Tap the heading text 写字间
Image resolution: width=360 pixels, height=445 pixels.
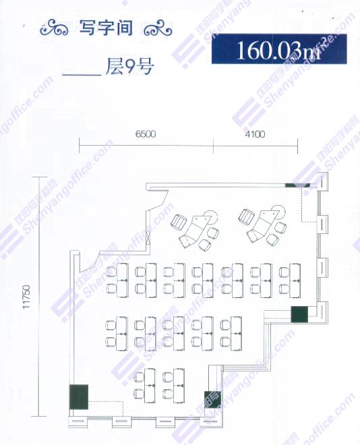pyautogui.click(x=106, y=28)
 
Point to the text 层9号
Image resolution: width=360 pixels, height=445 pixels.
pyautogui.click(x=129, y=67)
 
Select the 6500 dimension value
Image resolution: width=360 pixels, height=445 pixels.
pyautogui.click(x=146, y=134)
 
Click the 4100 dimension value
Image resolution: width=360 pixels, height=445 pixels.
pyautogui.click(x=255, y=134)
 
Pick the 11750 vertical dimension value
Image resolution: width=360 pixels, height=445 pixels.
pyautogui.click(x=26, y=297)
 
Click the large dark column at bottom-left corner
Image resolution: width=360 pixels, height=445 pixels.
pyautogui.click(x=79, y=397)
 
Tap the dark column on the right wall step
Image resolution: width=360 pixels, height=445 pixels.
pyautogui.click(x=299, y=314)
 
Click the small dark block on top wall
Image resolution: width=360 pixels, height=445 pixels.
pyautogui.click(x=297, y=185)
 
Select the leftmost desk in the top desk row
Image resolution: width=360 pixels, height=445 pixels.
pyautogui.click(x=122, y=280)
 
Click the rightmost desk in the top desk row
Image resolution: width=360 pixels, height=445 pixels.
pyautogui.click(x=295, y=280)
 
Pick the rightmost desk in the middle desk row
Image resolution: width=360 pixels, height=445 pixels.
pyautogui.click(x=237, y=334)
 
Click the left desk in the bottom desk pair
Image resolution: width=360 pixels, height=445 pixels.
pyautogui.click(x=150, y=386)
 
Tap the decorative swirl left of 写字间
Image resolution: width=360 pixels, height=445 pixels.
pyautogui.click(x=55, y=28)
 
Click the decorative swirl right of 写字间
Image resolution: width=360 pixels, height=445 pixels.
pyautogui.click(x=158, y=28)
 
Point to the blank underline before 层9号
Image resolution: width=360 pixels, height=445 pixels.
pyautogui.click(x=82, y=75)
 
